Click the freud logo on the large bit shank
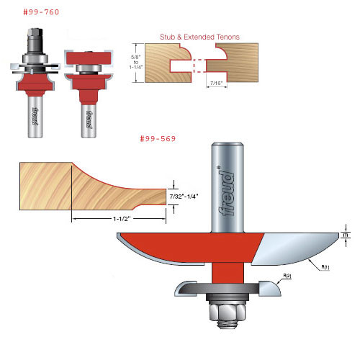(222, 192)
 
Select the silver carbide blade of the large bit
(295, 248)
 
